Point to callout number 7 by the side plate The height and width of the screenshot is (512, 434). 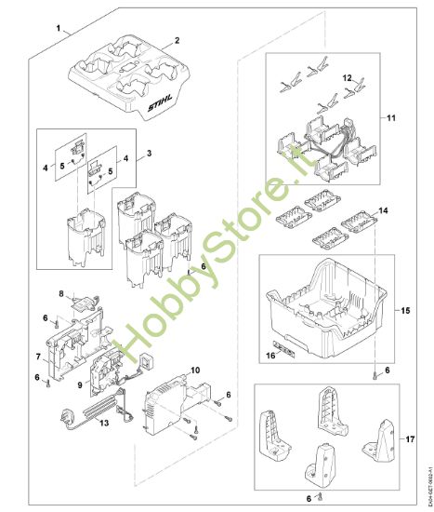tap(36, 357)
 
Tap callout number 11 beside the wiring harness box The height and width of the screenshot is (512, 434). tap(389, 119)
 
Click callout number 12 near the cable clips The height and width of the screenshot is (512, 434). tap(347, 79)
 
